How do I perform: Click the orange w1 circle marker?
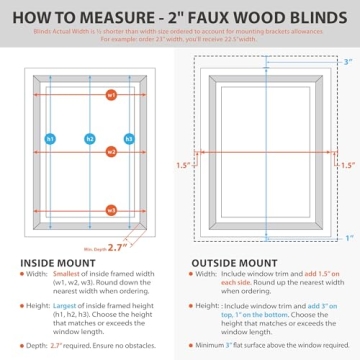click(x=111, y=94)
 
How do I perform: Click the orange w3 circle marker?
click(x=111, y=210)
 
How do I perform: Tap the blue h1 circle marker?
click(x=50, y=139)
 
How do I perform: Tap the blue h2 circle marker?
click(x=89, y=139)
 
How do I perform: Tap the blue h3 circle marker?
click(x=129, y=139)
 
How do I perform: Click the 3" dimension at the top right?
click(x=347, y=62)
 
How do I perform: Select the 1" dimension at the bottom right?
click(x=347, y=238)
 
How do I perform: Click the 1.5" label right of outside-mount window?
click(x=347, y=165)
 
